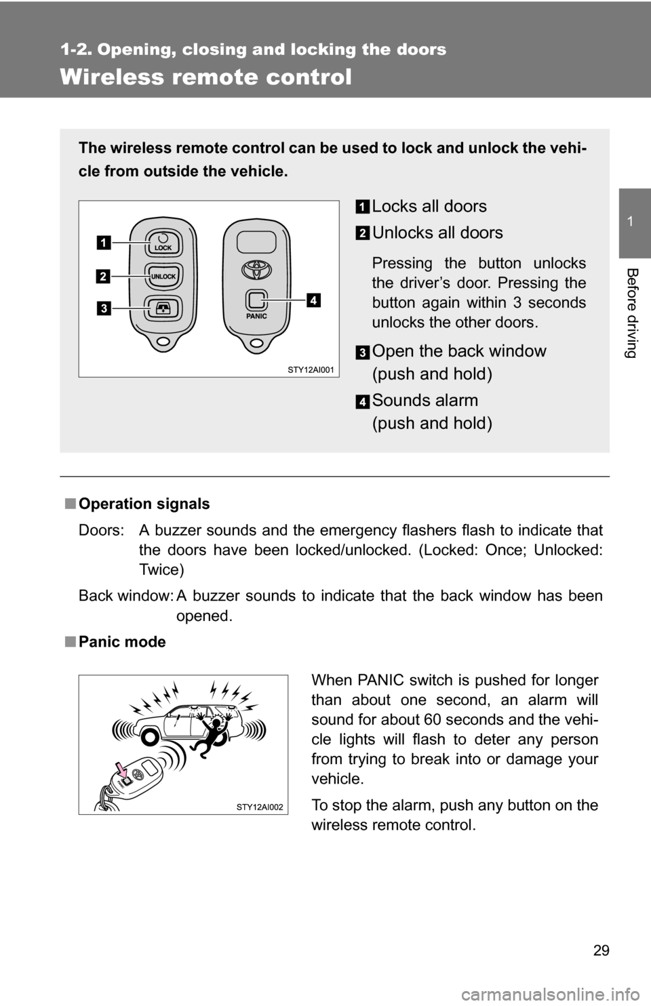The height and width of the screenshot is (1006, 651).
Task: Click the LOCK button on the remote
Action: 163,242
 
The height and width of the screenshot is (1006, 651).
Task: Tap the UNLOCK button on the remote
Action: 163,276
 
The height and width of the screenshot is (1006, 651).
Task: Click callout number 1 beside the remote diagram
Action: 104,241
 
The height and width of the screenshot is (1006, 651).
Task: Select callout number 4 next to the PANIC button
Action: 313,298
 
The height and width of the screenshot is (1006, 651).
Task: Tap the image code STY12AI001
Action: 311,369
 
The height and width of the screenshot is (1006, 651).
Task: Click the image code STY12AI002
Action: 261,806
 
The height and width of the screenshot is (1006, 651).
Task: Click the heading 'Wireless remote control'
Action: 206,77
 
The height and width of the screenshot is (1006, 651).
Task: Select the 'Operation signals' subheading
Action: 144,504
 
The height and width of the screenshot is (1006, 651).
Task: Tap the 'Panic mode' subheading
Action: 122,641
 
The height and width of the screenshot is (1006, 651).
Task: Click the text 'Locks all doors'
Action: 429,206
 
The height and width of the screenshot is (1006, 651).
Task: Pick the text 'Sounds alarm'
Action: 425,400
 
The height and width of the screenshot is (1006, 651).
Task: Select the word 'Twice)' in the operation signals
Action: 161,569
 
